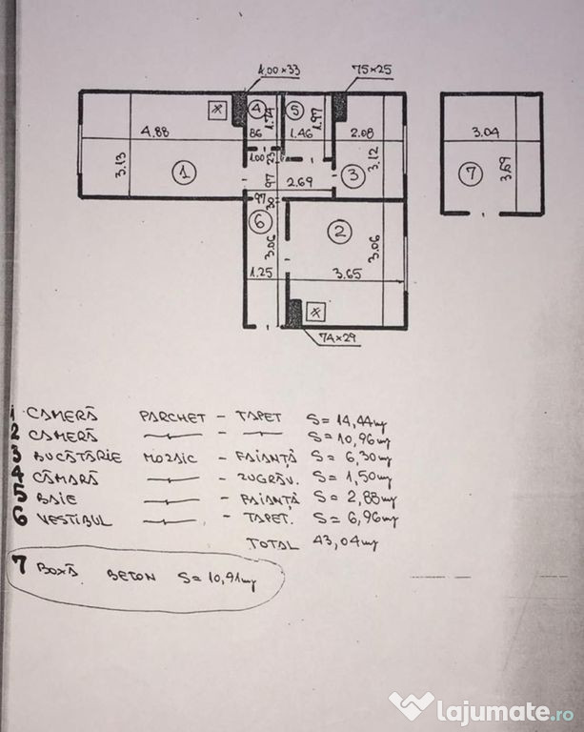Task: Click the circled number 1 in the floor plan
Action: tap(185, 173)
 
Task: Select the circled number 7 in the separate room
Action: tap(468, 173)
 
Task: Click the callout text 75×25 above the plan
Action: tap(370, 69)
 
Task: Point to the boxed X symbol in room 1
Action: tap(218, 110)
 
